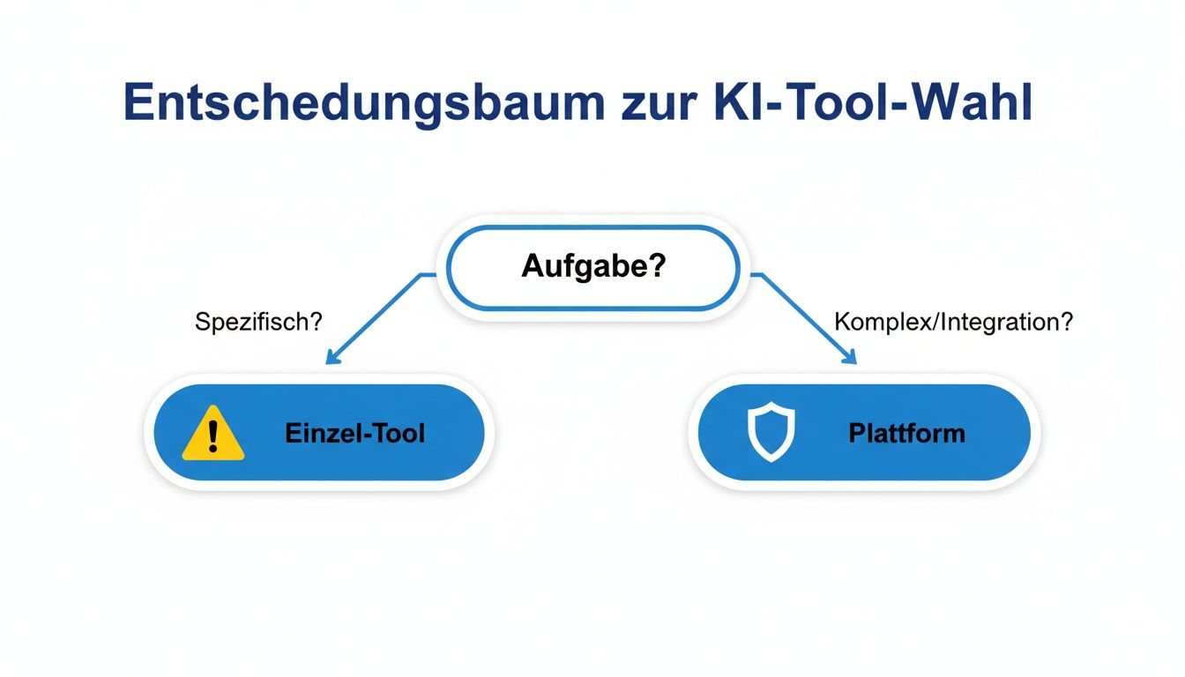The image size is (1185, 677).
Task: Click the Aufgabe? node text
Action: (x=592, y=266)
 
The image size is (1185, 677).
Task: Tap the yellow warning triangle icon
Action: (x=212, y=434)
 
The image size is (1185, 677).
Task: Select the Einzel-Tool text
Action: (x=354, y=434)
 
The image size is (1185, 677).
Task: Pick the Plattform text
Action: (x=906, y=434)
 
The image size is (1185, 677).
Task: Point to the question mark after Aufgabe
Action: (x=654, y=266)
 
